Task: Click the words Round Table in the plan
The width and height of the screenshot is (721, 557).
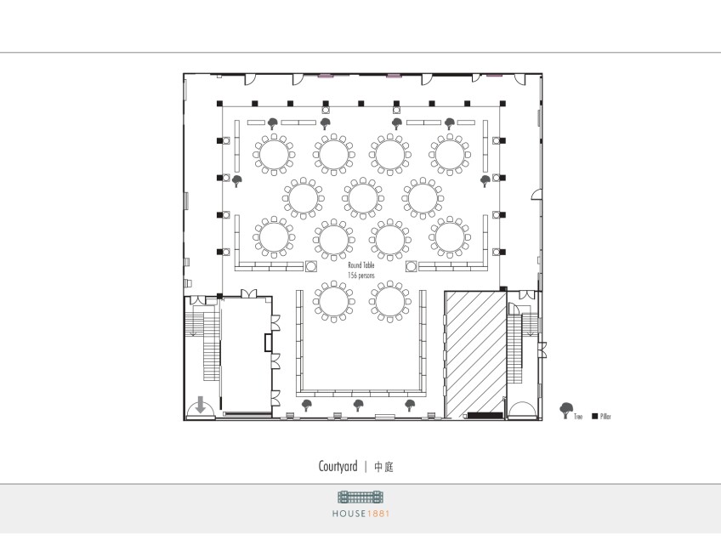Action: pos(361,265)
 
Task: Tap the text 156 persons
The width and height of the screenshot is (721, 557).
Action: pos(361,276)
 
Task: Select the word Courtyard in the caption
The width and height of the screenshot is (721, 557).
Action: pos(338,466)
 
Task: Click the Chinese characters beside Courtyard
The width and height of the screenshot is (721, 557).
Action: pos(383,467)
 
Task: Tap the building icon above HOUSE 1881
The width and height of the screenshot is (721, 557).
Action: pos(360,497)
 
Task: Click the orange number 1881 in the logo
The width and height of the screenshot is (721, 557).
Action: pos(378,514)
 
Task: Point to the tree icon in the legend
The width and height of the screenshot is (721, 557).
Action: pos(566,410)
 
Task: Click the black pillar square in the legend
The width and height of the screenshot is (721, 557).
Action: pos(594,416)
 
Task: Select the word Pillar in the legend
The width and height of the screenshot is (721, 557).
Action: pos(605,417)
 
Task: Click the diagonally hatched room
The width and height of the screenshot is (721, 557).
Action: pos(476,354)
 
